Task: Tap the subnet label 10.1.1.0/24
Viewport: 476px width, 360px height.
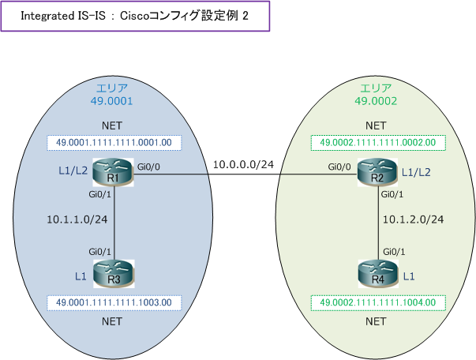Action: [x=77, y=217]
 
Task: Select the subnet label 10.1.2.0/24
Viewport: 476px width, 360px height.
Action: [x=414, y=219]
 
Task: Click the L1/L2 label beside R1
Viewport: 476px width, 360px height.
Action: [x=73, y=171]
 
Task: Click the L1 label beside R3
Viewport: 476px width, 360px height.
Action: [x=80, y=275]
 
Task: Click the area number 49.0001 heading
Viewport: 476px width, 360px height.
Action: [x=111, y=101]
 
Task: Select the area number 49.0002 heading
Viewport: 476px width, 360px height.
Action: [x=376, y=101]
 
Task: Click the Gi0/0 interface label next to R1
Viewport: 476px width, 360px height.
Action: [x=148, y=167]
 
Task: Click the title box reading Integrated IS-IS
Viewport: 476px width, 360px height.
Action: [x=135, y=17]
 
